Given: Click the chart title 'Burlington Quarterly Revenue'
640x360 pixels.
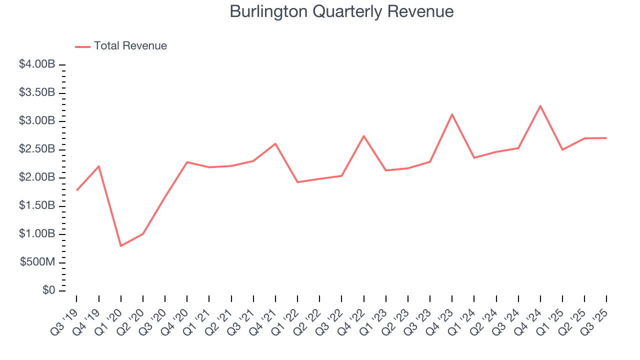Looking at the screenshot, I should pyautogui.click(x=341, y=11).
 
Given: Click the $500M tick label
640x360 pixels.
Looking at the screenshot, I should pyautogui.click(x=37, y=263).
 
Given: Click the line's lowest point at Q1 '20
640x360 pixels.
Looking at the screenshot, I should pyautogui.click(x=121, y=246).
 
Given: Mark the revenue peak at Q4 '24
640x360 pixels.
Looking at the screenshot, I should pyautogui.click(x=540, y=105).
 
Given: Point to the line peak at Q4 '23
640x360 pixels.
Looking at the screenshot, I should pyautogui.click(x=452, y=114).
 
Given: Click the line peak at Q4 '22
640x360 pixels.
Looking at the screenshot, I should pyautogui.click(x=363, y=136).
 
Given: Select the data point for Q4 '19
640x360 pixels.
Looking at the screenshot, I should pyautogui.click(x=99, y=166).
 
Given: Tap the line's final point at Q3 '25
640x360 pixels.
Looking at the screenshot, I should pyautogui.click(x=606, y=138).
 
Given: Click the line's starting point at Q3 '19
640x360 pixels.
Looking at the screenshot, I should pyautogui.click(x=76, y=190).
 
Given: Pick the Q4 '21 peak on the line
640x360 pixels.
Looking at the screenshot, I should pyautogui.click(x=275, y=143).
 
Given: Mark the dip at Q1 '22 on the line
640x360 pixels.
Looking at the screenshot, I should pyautogui.click(x=297, y=182).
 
